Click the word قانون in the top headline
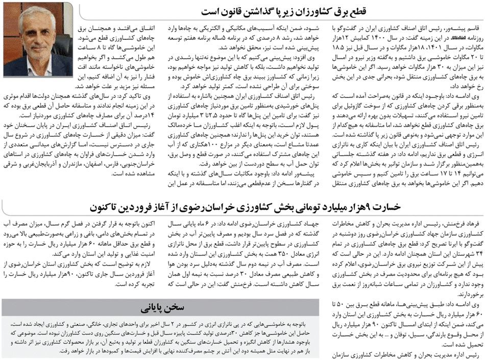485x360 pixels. click(x=236, y=11)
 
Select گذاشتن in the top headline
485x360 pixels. click(x=268, y=11)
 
